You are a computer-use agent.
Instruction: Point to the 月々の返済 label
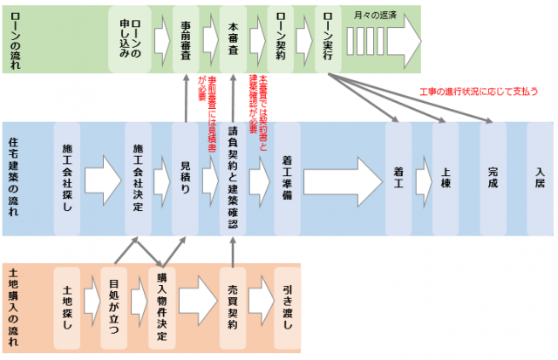tap(377, 15)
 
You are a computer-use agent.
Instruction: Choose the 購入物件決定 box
tap(161, 308)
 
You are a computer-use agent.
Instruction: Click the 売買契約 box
tap(233, 308)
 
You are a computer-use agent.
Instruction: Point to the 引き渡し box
tap(288, 308)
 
